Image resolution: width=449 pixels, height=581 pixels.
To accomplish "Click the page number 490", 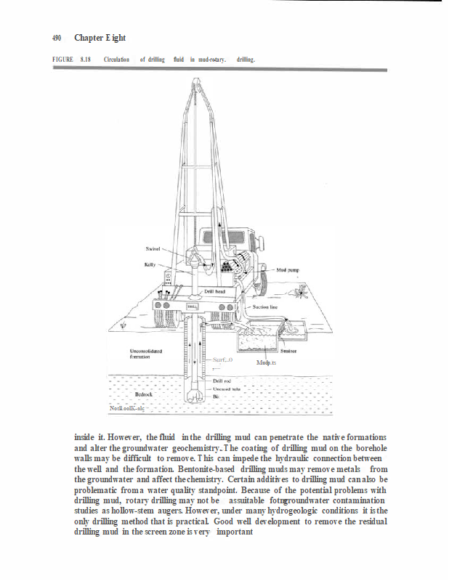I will pos(56,38).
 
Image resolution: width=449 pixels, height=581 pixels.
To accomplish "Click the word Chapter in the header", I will pos(88,38).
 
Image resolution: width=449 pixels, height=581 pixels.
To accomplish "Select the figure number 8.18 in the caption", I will pos(85,59).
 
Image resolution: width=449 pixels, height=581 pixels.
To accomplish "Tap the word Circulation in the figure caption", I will pos(116,59).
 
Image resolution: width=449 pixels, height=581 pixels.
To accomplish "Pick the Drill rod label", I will pos(222,381).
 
